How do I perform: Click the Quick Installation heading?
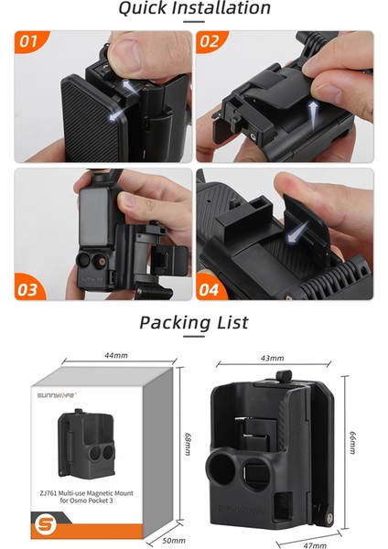(x=194, y=10)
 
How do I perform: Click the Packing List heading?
(x=194, y=323)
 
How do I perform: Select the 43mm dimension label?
(x=272, y=358)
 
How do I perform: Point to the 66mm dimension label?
(x=352, y=443)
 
